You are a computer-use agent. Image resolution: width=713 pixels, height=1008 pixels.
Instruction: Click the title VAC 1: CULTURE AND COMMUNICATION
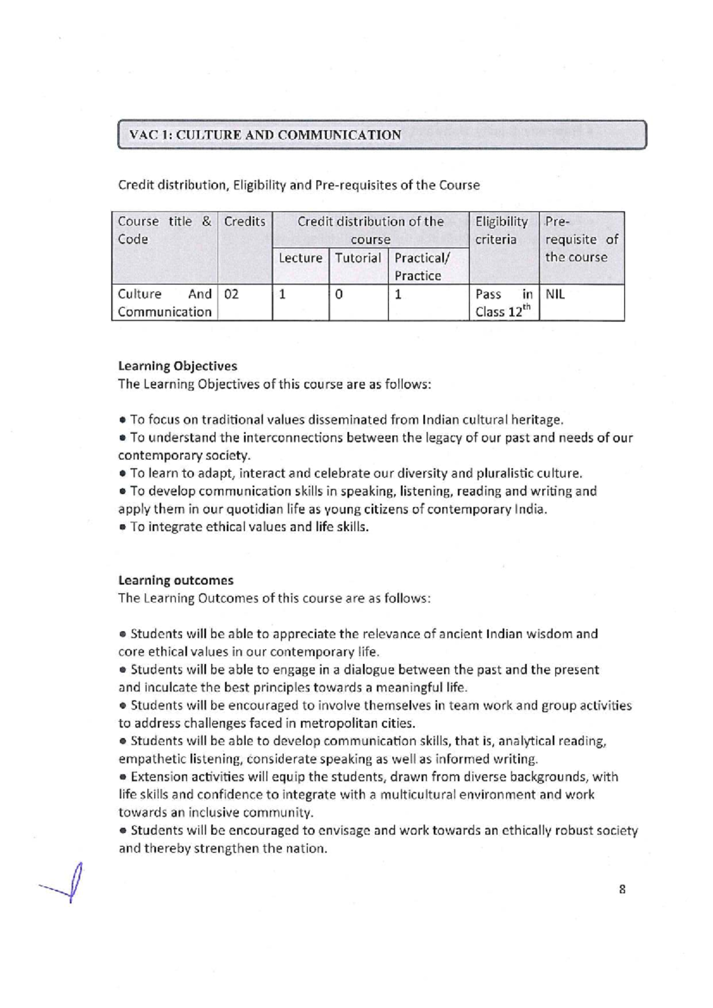(265, 135)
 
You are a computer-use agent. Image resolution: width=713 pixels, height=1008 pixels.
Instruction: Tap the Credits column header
(244, 222)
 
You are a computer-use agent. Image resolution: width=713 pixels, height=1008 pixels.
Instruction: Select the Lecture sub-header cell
(300, 258)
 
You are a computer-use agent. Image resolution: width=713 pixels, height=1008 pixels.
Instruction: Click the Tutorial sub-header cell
(358, 258)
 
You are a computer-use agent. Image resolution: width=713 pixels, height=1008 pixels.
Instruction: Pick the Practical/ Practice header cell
(422, 266)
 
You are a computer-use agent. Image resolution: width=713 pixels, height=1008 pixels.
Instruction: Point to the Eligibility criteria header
(501, 231)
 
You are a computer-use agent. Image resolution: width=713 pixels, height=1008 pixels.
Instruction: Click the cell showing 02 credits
(232, 294)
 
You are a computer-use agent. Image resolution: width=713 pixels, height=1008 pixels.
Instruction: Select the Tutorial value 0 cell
(339, 294)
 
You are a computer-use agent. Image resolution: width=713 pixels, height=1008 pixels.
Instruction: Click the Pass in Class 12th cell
(503, 303)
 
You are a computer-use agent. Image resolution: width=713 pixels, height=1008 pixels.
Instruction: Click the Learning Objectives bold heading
(177, 366)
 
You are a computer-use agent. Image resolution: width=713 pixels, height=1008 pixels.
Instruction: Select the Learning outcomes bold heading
(175, 580)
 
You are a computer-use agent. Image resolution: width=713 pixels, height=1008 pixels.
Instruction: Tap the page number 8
(622, 890)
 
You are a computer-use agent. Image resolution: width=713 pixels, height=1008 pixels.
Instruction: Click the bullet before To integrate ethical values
(122, 528)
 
